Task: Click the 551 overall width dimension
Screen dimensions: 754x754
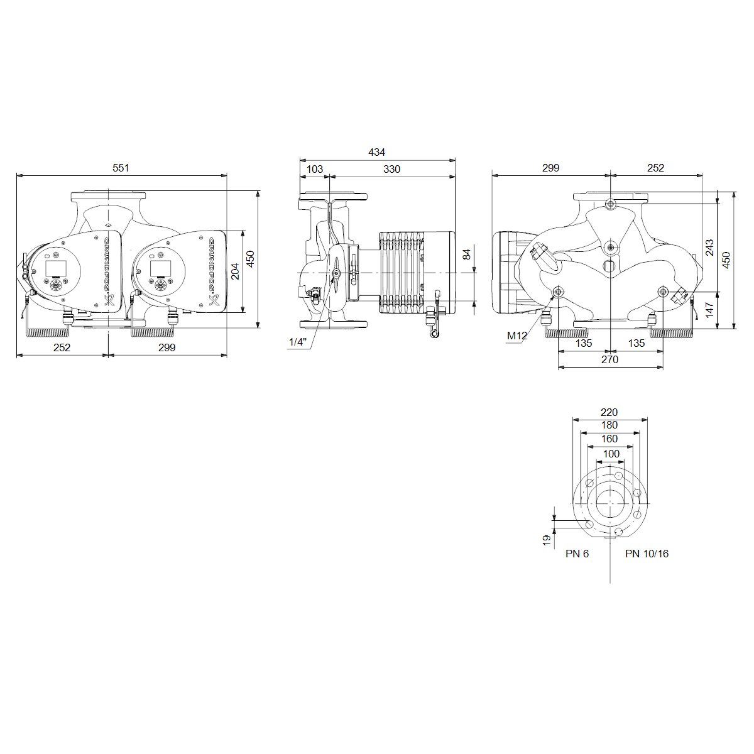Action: pyautogui.click(x=121, y=168)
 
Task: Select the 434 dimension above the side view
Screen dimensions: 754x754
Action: pyautogui.click(x=376, y=152)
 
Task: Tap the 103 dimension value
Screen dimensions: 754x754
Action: pyautogui.click(x=315, y=169)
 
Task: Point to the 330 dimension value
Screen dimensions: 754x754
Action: pyautogui.click(x=391, y=169)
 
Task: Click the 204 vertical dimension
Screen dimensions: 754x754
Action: pyautogui.click(x=235, y=271)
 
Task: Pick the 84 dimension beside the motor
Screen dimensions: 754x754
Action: pyautogui.click(x=467, y=254)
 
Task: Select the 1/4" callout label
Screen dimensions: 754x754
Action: pyautogui.click(x=297, y=342)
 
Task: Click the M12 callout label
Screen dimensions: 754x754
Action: pyautogui.click(x=517, y=336)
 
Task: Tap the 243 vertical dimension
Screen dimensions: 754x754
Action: pyautogui.click(x=709, y=248)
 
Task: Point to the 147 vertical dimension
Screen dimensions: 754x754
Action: pyautogui.click(x=709, y=310)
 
